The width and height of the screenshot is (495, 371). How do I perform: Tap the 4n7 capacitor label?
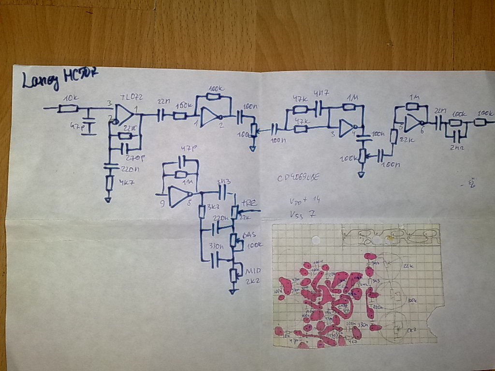(320, 93)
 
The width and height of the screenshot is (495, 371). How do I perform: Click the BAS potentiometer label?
(250, 235)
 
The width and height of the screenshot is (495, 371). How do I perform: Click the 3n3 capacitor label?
(223, 182)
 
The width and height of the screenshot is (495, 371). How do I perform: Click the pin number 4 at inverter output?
(354, 133)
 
